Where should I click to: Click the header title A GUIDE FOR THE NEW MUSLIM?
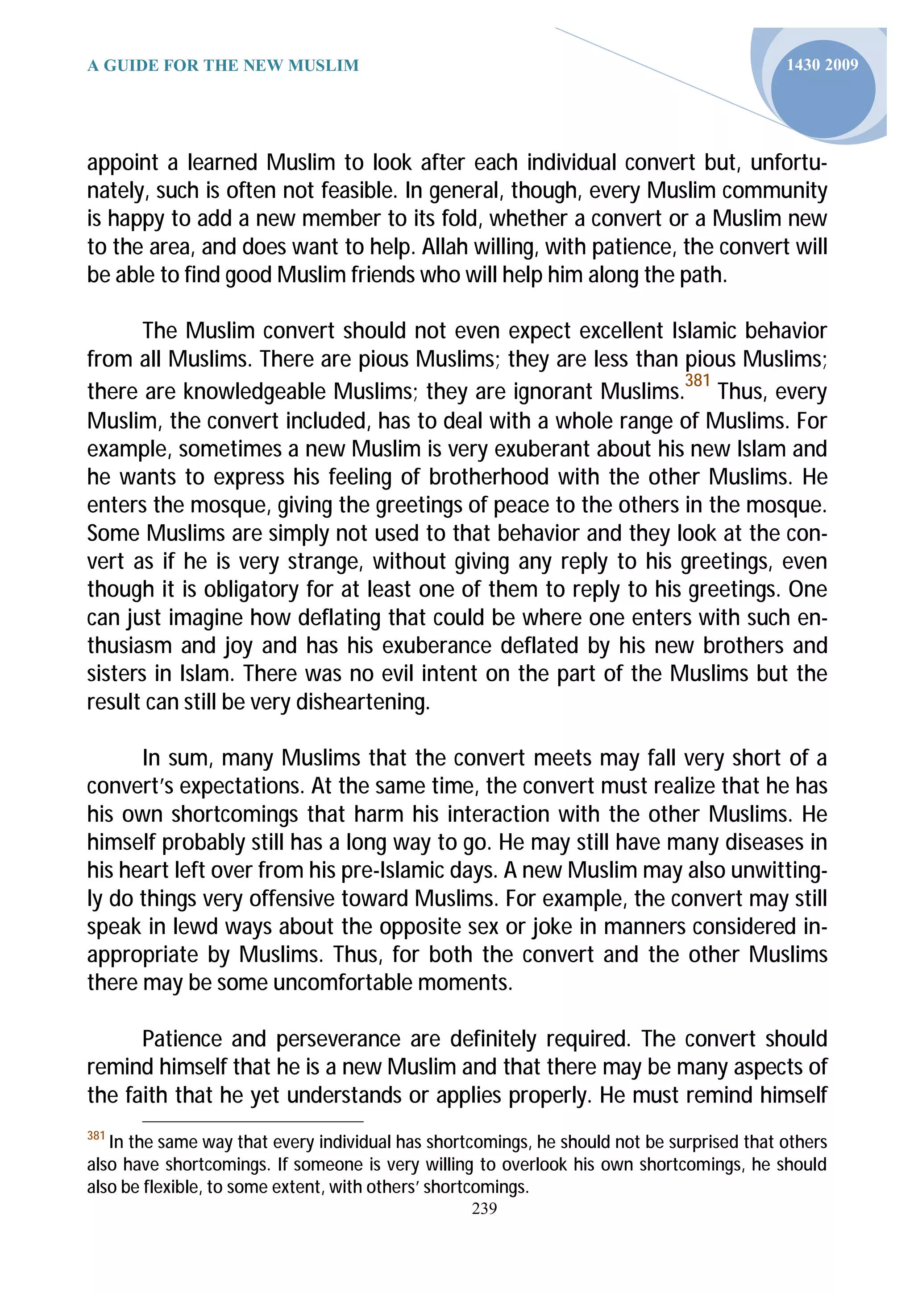pos(223,66)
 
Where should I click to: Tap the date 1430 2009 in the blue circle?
pos(822,65)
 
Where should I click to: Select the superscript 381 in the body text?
pos(697,381)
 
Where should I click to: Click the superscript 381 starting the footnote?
pos(96,1136)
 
